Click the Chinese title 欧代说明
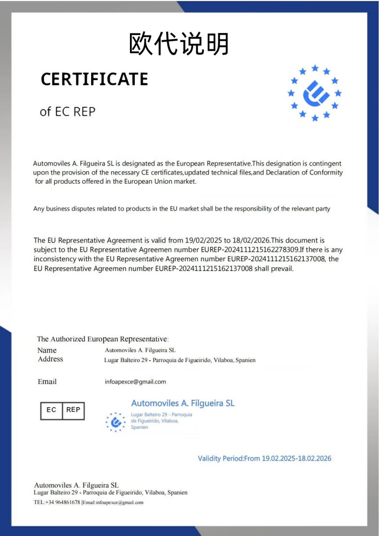pos(179,44)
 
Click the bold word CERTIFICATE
pos(95,79)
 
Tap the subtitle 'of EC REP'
pos(68,112)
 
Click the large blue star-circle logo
pos(315,93)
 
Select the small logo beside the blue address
pos(115,422)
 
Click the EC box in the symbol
pos(51,410)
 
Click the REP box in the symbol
pos(73,410)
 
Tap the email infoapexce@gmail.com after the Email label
pos(135,382)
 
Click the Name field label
pos(47,350)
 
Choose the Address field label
pos(50,359)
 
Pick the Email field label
pos(47,382)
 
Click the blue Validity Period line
pos(264,458)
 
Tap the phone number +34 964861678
pos(63,502)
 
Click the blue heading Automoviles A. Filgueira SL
pos(183,403)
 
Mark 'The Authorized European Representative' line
pos(103,339)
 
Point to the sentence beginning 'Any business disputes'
pos(181,209)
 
